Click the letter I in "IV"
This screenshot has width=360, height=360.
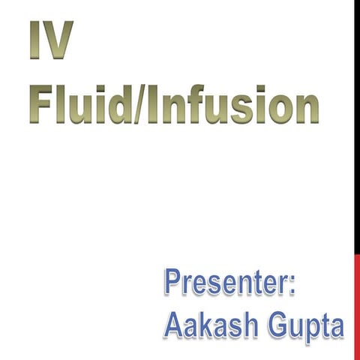pyautogui.click(x=35, y=41)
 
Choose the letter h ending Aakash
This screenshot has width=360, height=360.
pyautogui.click(x=251, y=325)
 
